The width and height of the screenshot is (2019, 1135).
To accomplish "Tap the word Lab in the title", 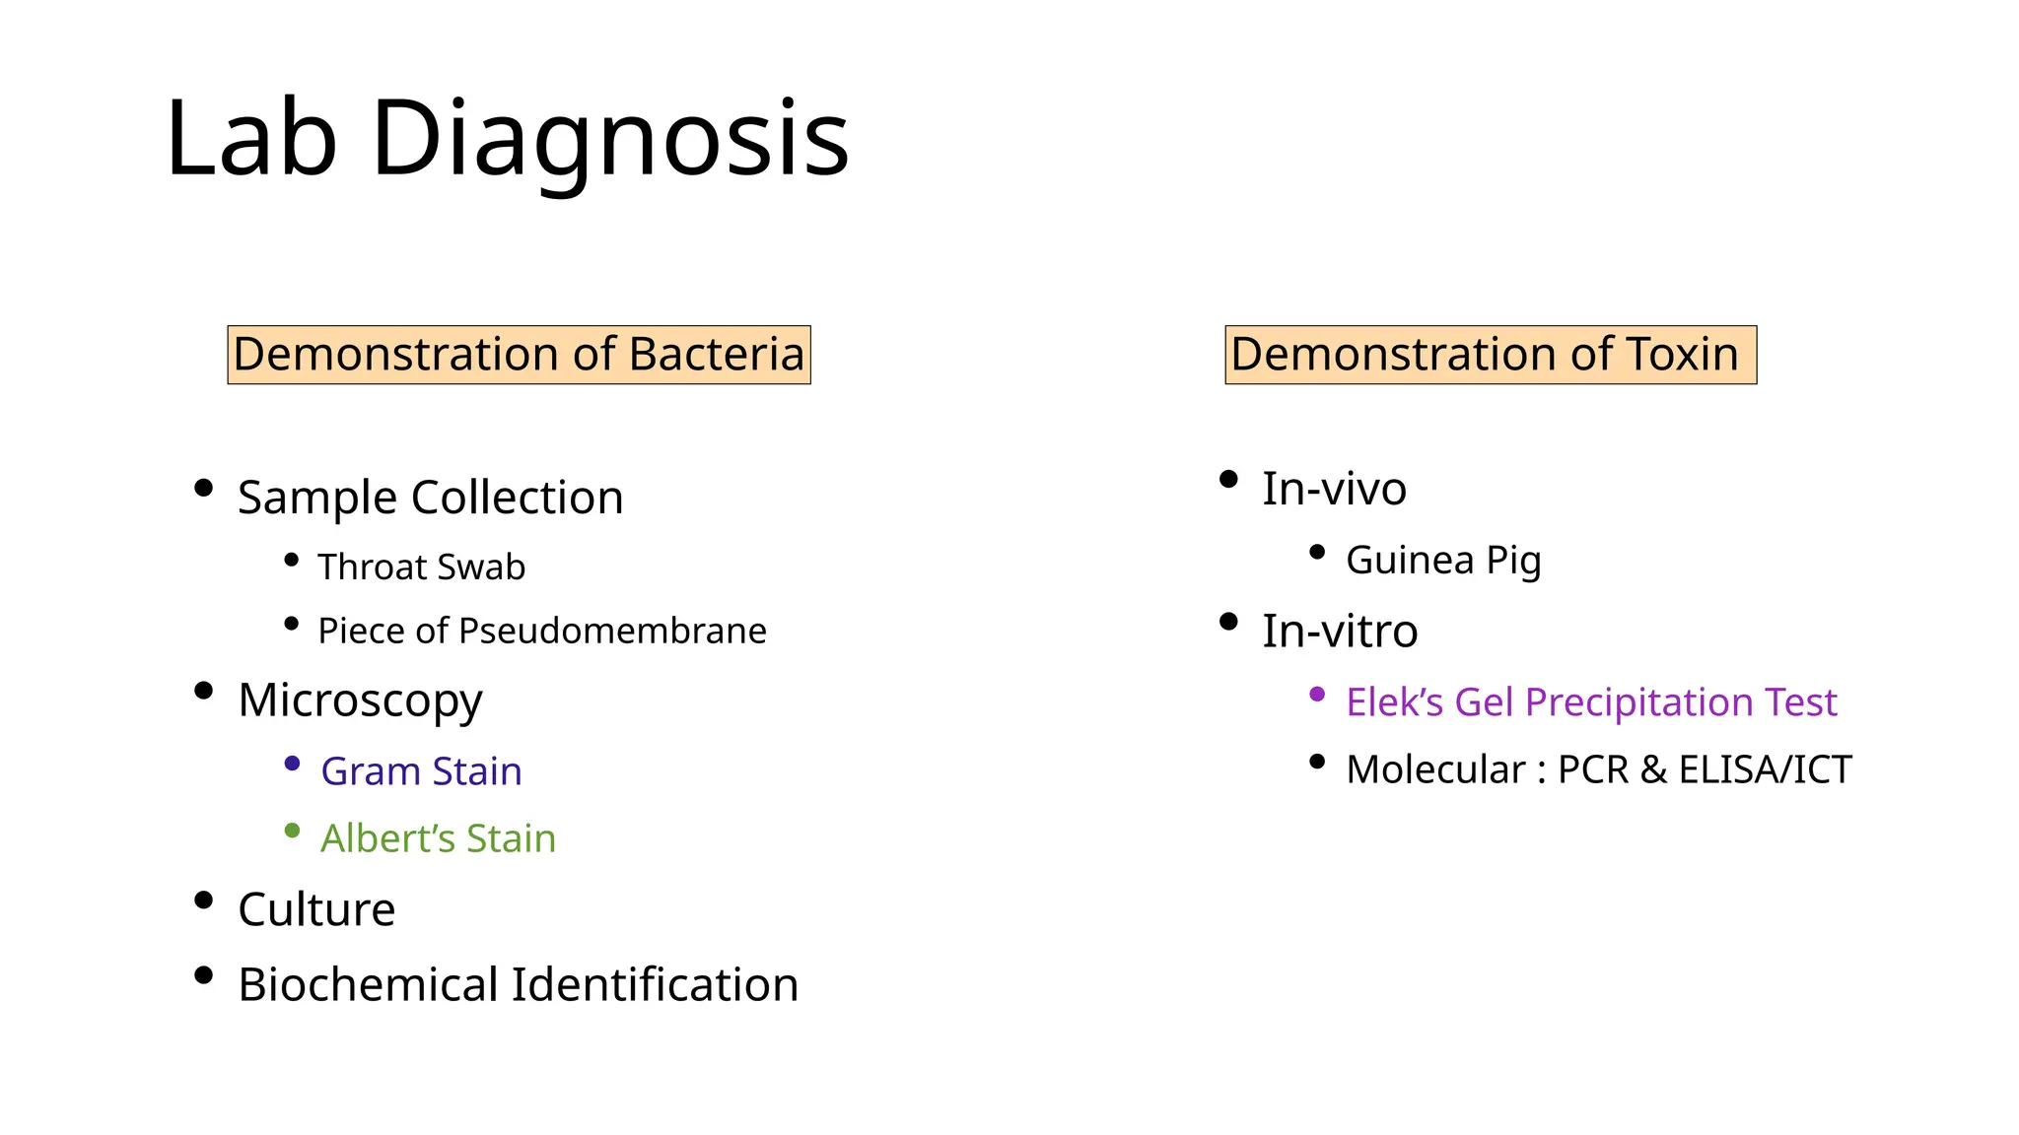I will (x=251, y=140).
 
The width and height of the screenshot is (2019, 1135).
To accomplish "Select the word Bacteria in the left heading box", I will (x=716, y=355).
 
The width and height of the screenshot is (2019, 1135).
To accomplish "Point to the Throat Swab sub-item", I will (x=421, y=567).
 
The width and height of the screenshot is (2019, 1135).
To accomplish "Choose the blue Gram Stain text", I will (x=421, y=771).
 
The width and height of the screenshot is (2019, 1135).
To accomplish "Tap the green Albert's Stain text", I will (x=438, y=838).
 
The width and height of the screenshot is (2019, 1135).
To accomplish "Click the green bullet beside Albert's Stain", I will (x=292, y=831).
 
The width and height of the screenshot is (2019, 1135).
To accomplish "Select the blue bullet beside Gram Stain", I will (x=292, y=764).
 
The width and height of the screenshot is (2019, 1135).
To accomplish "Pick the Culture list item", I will (x=316, y=909).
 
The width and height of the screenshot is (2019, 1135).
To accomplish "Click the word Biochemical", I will (x=368, y=984).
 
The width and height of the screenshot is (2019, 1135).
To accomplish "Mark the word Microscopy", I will (x=360, y=701).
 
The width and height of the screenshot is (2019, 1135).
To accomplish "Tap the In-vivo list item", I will (x=1334, y=489).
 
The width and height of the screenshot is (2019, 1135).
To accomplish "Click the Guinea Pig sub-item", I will (x=1443, y=561).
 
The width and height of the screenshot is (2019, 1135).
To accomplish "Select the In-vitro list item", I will (x=1340, y=631).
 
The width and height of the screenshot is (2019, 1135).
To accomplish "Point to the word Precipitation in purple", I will (x=1638, y=702).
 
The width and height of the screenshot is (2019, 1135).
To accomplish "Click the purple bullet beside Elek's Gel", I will (x=1317, y=695).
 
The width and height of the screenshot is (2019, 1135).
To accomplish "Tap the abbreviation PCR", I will (x=1593, y=769).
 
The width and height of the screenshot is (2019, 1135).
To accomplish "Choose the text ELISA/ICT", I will (x=1765, y=769).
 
